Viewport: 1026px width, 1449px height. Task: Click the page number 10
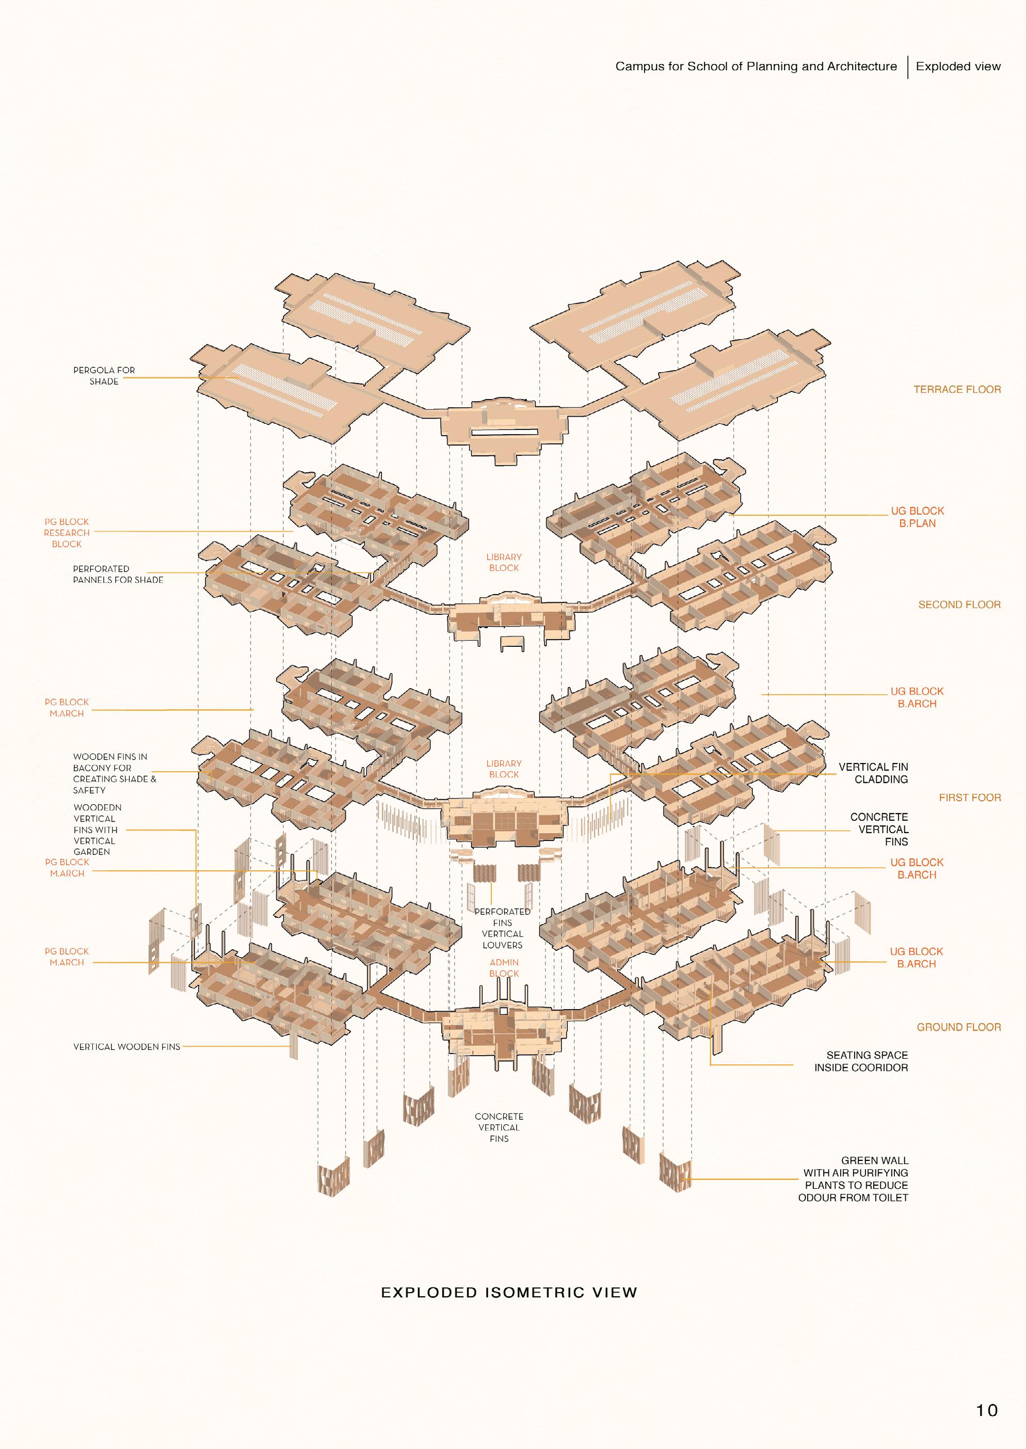(x=986, y=1410)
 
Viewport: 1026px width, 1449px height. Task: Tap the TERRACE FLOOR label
(x=956, y=389)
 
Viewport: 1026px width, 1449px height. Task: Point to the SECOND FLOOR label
(x=959, y=605)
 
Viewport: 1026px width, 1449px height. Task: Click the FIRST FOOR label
(x=969, y=798)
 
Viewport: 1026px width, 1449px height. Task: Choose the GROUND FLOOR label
(x=958, y=1027)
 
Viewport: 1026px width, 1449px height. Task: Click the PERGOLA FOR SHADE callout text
(x=104, y=375)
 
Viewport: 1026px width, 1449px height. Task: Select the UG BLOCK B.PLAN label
(x=917, y=517)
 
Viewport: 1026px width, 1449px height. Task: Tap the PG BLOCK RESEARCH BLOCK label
(x=67, y=533)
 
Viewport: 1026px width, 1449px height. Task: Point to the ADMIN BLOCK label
(x=504, y=967)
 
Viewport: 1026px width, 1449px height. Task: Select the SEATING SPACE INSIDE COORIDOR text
(x=860, y=1061)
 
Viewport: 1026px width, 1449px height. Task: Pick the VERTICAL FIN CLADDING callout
(x=873, y=773)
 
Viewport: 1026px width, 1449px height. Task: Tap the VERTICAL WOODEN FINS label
(x=126, y=1046)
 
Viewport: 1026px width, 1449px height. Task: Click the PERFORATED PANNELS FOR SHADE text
(x=118, y=574)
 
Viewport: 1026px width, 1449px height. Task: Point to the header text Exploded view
(x=958, y=67)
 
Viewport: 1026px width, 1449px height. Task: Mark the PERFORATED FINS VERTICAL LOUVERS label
(x=502, y=928)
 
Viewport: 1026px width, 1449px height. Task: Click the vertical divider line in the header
(x=908, y=67)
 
